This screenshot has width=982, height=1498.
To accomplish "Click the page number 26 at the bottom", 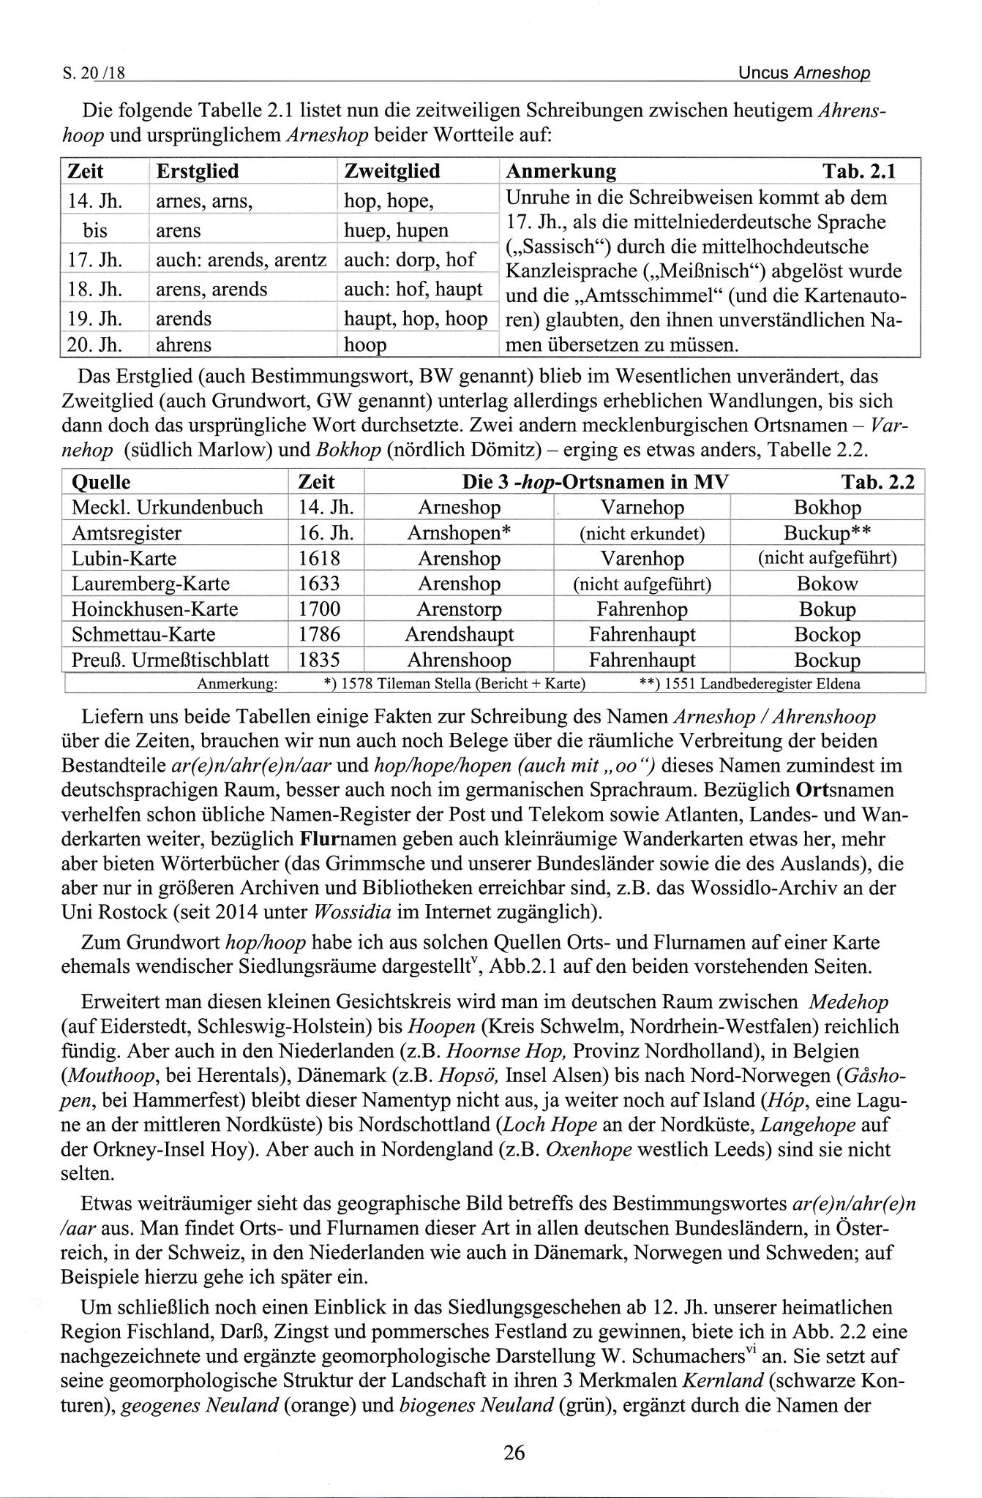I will tap(514, 1453).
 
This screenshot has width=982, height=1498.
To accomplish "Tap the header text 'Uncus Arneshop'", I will tap(804, 72).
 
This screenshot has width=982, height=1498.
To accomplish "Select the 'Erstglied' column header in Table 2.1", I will tap(198, 171).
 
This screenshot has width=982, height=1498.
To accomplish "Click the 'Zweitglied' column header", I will tap(392, 171).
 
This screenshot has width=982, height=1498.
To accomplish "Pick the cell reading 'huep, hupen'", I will tap(396, 230).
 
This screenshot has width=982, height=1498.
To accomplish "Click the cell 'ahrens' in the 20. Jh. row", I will tap(184, 345).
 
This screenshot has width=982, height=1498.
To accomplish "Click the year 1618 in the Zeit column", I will tap(320, 559).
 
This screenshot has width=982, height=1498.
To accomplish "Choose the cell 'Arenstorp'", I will tap(459, 609).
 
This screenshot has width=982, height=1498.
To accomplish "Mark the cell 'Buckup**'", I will tap(827, 533).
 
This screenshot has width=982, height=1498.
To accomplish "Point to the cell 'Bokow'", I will tap(828, 584).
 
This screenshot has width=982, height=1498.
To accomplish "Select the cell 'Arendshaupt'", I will tap(459, 634).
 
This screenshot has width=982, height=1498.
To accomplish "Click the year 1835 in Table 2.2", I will tap(320, 660).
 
